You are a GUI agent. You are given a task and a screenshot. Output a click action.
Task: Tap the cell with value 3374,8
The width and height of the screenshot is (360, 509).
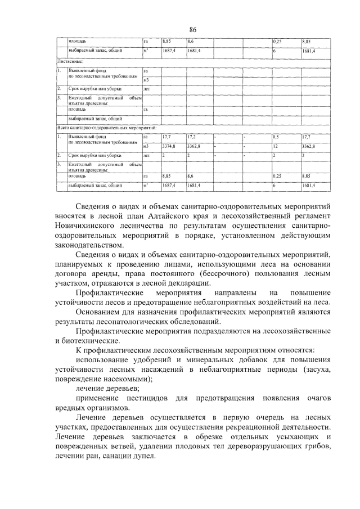169,146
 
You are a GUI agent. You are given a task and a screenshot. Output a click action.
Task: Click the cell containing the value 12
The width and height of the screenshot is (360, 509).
276,146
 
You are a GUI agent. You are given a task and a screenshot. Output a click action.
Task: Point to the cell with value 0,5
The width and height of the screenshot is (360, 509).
276,137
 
